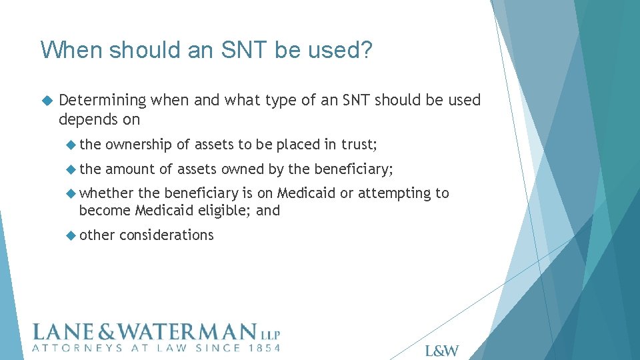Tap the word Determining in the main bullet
coord(102,100)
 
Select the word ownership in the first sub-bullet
coord(139,145)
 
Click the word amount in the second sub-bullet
coord(131,169)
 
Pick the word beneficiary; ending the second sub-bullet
coord(353,169)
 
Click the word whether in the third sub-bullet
coord(107,193)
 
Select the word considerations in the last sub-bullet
coord(166,235)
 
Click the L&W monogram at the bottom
coord(441,351)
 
